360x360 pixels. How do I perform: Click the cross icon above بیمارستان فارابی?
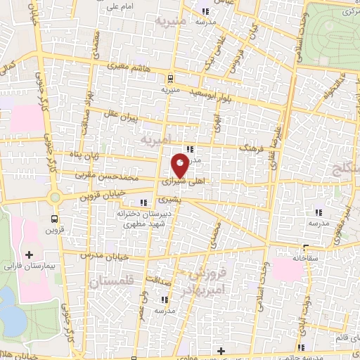29,254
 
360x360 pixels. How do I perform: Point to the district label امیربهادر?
206,288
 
